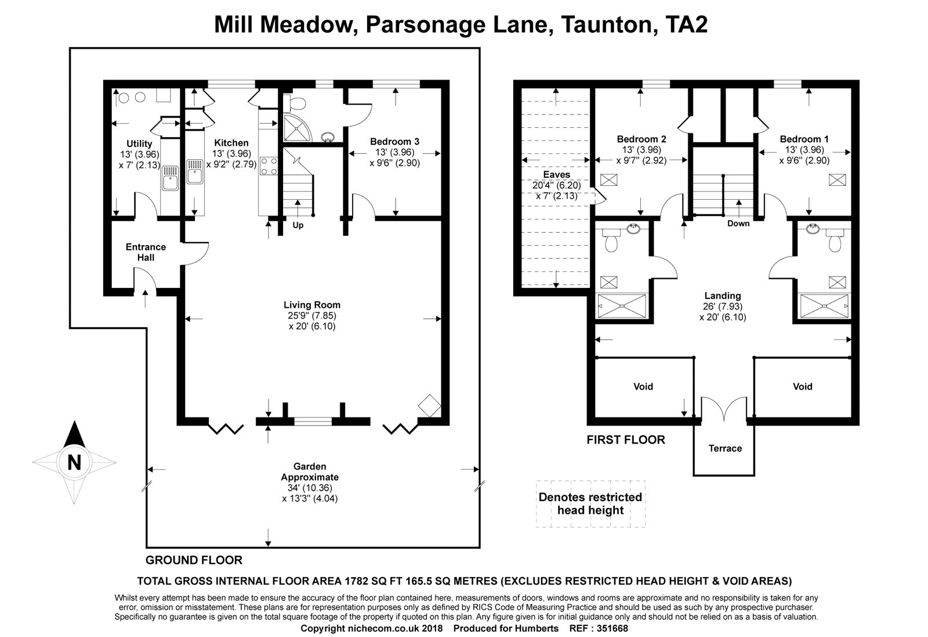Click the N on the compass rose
pyautogui.click(x=74, y=462)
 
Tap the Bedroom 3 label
pyautogui.click(x=394, y=142)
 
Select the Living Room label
pyautogui.click(x=312, y=305)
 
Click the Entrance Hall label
pyautogui.click(x=146, y=252)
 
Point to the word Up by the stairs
pyautogui.click(x=298, y=225)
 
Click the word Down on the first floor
pyautogui.click(x=738, y=224)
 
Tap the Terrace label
pyautogui.click(x=725, y=448)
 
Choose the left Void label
pyautogui.click(x=643, y=387)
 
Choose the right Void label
pyautogui.click(x=803, y=387)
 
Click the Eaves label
pyautogui.click(x=556, y=175)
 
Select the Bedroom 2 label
pyautogui.click(x=641, y=139)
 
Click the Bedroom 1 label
pyautogui.click(x=804, y=139)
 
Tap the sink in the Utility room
pyautogui.click(x=170, y=178)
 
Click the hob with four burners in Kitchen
pyautogui.click(x=269, y=166)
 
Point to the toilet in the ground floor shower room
pyautogui.click(x=295, y=102)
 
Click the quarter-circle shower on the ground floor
pyautogui.click(x=296, y=128)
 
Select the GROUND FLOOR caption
pyautogui.click(x=194, y=560)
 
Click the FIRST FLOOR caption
pyautogui.click(x=626, y=440)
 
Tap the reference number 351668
pyautogui.click(x=611, y=628)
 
